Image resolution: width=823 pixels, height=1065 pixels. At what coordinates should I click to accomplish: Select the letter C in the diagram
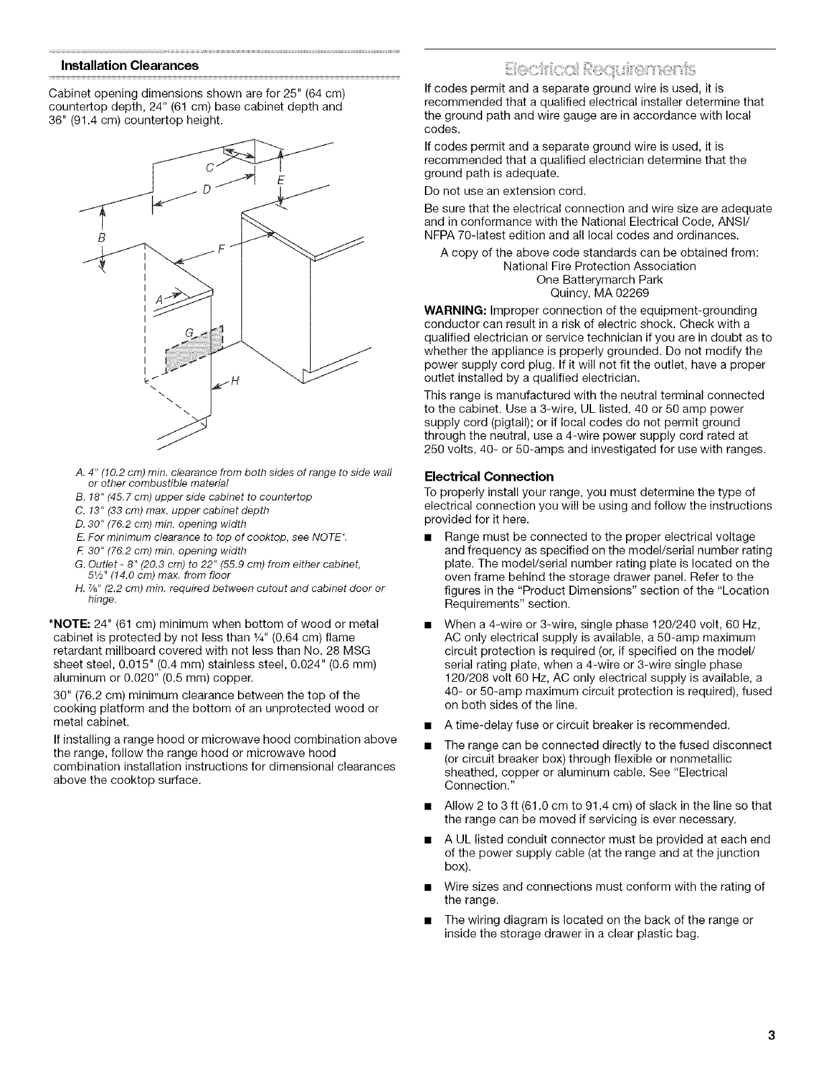pyautogui.click(x=210, y=167)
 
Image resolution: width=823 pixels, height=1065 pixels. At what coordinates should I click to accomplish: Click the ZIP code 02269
pyautogui.click(x=631, y=293)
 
